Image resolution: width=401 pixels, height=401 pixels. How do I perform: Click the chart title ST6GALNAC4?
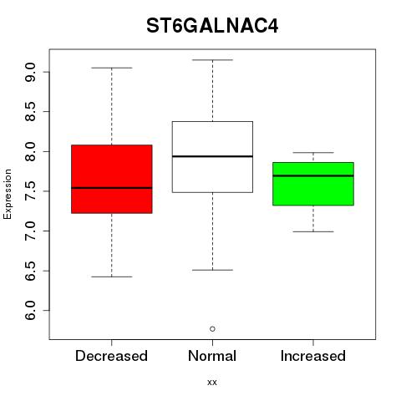(x=212, y=26)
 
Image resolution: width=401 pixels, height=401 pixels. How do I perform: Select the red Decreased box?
(x=112, y=179)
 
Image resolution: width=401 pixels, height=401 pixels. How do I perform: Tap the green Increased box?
(x=313, y=184)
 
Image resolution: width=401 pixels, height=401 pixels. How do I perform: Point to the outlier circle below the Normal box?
(x=212, y=329)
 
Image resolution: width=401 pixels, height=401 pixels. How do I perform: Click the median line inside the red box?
(x=112, y=188)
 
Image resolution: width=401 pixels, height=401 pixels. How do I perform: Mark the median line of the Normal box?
(x=212, y=156)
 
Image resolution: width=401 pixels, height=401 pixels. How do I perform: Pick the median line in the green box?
(x=313, y=175)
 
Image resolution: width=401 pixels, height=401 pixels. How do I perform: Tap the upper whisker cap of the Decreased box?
(x=112, y=68)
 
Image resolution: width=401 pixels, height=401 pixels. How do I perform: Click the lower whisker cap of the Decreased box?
(x=112, y=277)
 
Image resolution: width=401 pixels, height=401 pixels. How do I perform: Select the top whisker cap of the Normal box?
(x=212, y=60)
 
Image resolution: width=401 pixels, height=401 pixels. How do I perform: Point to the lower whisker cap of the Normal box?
(x=212, y=270)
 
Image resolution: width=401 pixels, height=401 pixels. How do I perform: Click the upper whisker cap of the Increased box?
(x=313, y=153)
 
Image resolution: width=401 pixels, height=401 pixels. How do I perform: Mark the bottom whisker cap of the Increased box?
(x=313, y=231)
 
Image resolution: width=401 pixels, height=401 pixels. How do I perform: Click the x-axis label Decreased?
(x=111, y=356)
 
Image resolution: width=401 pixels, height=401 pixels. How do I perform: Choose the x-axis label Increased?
(x=313, y=356)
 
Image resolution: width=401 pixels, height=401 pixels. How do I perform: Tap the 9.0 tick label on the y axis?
(x=30, y=72)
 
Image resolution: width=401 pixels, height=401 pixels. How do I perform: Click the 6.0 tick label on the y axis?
(x=30, y=311)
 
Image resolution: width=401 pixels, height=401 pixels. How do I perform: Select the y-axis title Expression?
(x=8, y=194)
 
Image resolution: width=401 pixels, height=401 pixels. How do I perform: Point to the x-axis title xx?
(x=212, y=383)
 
